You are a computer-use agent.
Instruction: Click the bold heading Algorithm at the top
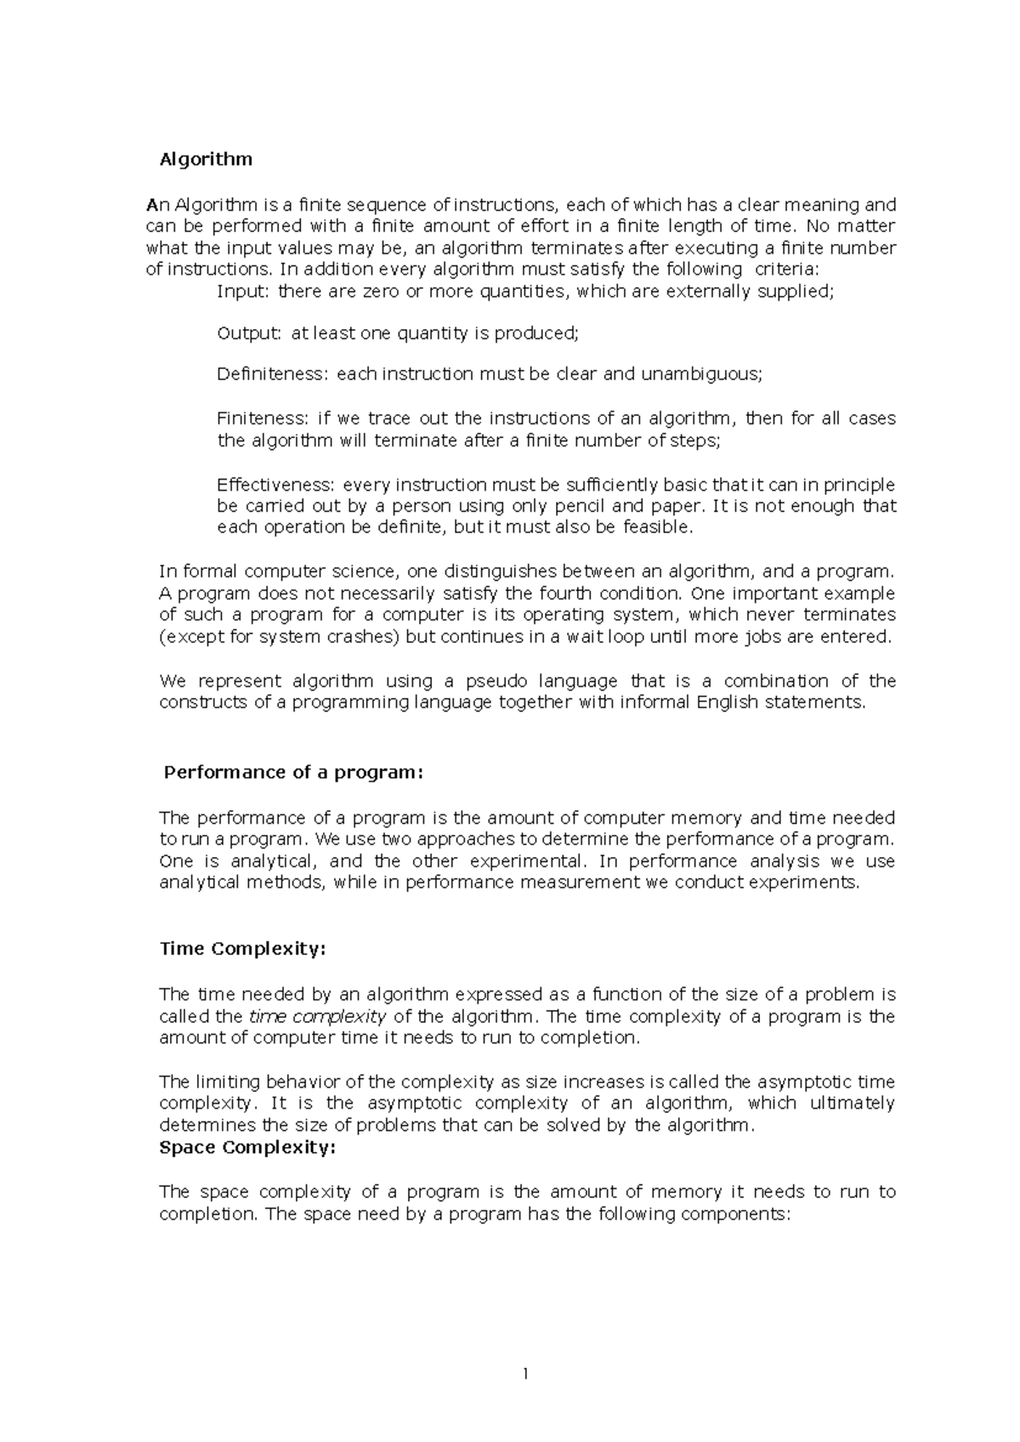[x=207, y=159]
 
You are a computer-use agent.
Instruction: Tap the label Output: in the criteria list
[x=248, y=333]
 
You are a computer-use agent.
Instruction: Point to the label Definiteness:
[x=273, y=374]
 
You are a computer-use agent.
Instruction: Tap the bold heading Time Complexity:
[x=242, y=949]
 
